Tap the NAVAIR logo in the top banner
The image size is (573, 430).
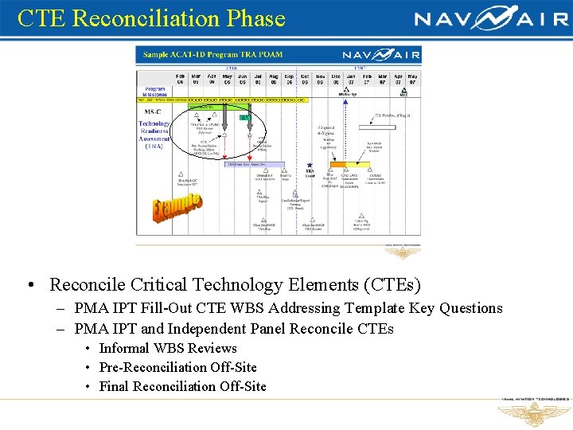(491, 18)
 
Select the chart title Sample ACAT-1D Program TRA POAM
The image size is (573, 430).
(212, 54)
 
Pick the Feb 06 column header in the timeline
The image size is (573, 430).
(180, 78)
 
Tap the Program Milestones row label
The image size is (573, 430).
(155, 92)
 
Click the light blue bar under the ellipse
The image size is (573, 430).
(256, 165)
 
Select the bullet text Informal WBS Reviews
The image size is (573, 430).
(168, 348)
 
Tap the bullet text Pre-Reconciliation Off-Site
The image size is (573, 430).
(177, 367)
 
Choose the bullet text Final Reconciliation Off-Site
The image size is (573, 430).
(182, 386)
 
